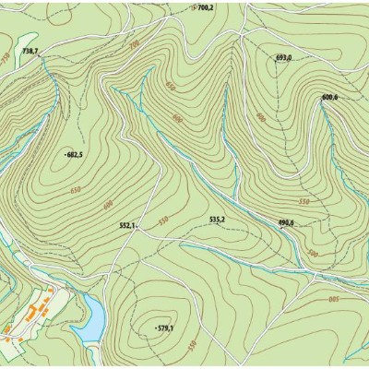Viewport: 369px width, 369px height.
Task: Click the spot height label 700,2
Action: point(205,7)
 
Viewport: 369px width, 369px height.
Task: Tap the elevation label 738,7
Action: point(30,51)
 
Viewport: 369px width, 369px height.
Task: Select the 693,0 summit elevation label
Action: point(284,57)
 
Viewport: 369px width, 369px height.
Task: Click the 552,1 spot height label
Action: point(127,225)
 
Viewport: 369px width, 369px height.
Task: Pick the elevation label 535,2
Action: point(218,220)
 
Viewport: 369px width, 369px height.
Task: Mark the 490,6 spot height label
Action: point(285,222)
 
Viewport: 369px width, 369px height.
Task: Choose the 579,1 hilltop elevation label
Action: point(166,327)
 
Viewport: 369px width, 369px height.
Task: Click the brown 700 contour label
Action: point(134,43)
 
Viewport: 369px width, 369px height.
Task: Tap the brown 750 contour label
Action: point(6,57)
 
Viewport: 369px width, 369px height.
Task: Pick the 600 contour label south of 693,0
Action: point(261,118)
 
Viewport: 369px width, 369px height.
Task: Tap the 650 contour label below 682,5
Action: point(75,189)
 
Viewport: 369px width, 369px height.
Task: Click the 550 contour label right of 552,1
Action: point(163,220)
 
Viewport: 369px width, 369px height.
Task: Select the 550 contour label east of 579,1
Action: point(192,345)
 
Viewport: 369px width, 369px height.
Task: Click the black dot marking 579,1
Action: point(156,327)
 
